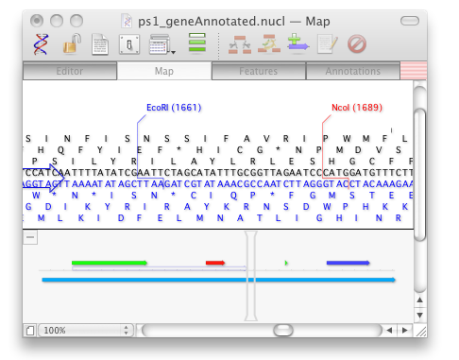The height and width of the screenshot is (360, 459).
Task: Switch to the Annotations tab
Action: coord(352,71)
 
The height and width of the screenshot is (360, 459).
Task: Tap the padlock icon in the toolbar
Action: coord(72,43)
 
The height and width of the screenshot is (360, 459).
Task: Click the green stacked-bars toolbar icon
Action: coord(197,43)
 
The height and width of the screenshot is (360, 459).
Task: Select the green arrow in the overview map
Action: coord(109,263)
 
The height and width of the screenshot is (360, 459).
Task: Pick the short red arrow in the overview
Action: coord(215,263)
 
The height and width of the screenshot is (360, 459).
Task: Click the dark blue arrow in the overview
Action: coord(348,263)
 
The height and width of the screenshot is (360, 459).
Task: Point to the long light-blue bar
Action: coord(217,280)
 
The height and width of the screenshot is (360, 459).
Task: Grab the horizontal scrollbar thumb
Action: coord(283,331)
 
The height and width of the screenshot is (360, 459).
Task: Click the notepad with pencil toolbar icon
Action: coord(327,43)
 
